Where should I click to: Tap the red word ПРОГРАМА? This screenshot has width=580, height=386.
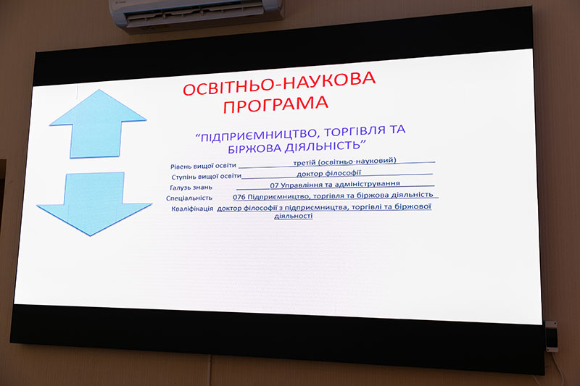pyautogui.click(x=275, y=104)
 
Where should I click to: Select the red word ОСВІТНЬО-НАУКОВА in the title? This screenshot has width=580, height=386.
pyautogui.click(x=279, y=84)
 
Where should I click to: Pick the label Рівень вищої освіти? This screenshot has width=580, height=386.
pyautogui.click(x=203, y=166)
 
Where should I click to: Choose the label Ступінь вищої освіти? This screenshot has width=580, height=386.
pyautogui.click(x=207, y=177)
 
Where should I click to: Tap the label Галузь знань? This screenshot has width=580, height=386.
pyautogui.click(x=191, y=188)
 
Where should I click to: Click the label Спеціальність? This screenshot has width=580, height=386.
pyautogui.click(x=189, y=198)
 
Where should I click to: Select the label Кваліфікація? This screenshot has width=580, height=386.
pyautogui.click(x=192, y=209)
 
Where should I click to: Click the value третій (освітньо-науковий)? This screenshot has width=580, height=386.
pyautogui.click(x=344, y=161)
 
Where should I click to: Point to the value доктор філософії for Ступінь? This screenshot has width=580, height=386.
pyautogui.click(x=328, y=173)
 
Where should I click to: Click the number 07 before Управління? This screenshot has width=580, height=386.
pyautogui.click(x=274, y=185)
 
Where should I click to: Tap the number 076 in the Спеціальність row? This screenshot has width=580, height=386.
pyautogui.click(x=239, y=197)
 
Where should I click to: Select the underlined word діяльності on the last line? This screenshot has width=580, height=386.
pyautogui.click(x=294, y=216)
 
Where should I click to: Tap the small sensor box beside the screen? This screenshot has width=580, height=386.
pyautogui.click(x=551, y=336)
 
